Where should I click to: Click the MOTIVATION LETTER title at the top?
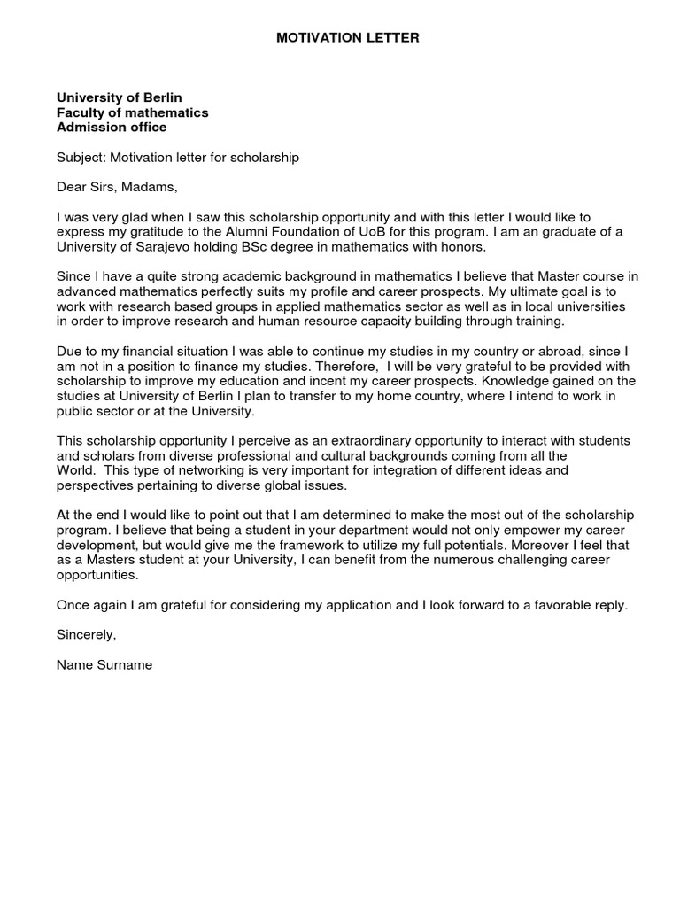pyautogui.click(x=348, y=38)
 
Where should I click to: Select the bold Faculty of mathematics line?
pyautogui.click(x=132, y=112)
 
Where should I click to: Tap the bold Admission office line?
pyautogui.click(x=112, y=128)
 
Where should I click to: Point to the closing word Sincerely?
pyautogui.click(x=86, y=635)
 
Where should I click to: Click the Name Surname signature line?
pyautogui.click(x=104, y=665)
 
